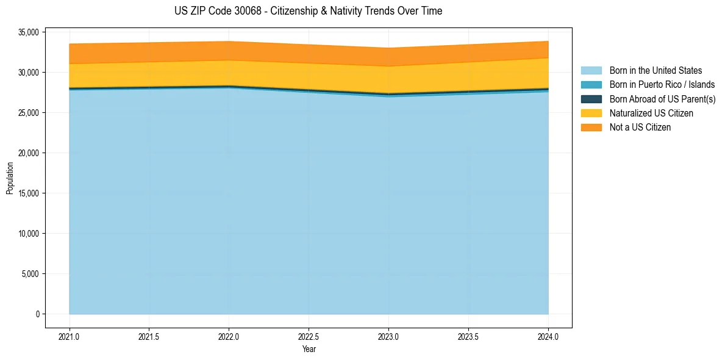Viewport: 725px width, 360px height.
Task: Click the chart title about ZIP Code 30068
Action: (x=308, y=11)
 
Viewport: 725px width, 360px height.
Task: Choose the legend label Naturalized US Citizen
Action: (x=651, y=113)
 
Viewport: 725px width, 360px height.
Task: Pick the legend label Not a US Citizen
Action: (x=640, y=127)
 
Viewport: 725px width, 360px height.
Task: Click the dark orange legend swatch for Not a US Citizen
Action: (x=591, y=127)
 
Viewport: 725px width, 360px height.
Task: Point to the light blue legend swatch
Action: (x=591, y=71)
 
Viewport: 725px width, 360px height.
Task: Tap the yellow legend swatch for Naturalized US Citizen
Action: (x=591, y=113)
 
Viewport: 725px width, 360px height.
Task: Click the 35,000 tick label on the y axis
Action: (x=29, y=32)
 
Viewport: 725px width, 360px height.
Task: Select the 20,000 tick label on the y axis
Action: (x=29, y=153)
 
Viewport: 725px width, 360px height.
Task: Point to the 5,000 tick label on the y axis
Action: (x=30, y=274)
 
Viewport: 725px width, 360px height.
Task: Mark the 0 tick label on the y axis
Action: (x=37, y=314)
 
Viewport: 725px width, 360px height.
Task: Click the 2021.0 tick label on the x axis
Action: (x=70, y=336)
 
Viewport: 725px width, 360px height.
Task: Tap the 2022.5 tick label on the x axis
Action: (x=309, y=336)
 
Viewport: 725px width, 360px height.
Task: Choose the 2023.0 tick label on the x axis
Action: (x=388, y=336)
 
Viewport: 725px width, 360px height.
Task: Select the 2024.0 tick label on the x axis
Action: (x=548, y=336)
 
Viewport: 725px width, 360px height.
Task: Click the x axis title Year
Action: (x=309, y=349)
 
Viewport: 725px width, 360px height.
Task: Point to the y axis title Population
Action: (x=10, y=178)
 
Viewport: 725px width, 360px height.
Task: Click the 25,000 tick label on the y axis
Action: (x=29, y=113)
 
